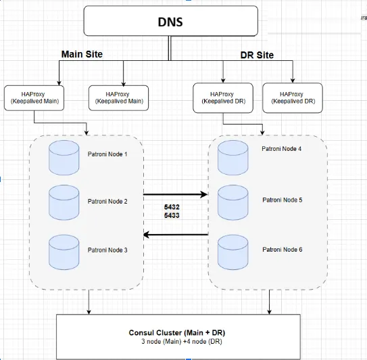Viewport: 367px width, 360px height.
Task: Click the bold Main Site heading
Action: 82,54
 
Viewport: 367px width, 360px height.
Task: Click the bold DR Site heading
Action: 257,55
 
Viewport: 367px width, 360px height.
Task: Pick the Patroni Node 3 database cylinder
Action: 64,251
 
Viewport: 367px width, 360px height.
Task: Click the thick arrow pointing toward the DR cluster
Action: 176,195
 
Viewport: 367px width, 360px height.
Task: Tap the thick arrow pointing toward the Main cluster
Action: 176,235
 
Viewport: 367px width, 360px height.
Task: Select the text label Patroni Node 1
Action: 107,154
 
